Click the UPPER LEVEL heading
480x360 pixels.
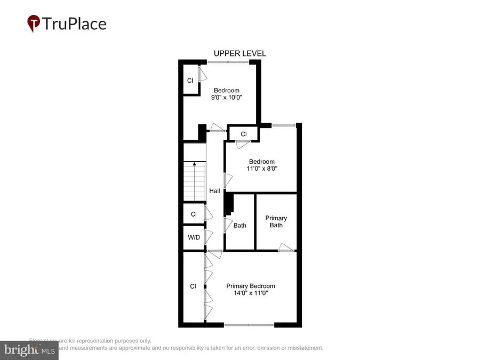point(239,53)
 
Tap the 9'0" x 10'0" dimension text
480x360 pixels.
point(226,98)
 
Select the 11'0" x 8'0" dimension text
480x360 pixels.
point(261,169)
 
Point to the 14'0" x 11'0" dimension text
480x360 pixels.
point(250,293)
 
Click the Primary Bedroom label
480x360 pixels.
point(250,286)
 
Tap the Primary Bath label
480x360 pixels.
point(276,221)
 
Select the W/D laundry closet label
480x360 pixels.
point(194,237)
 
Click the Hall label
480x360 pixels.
point(214,191)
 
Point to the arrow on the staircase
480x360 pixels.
point(195,165)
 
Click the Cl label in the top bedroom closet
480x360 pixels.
point(190,81)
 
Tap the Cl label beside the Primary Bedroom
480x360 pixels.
point(193,286)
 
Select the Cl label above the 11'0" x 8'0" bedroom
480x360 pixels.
point(243,134)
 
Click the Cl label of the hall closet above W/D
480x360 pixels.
point(194,214)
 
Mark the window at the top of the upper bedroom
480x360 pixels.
point(228,62)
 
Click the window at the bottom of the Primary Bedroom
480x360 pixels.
point(249,325)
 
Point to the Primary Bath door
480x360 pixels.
point(287,246)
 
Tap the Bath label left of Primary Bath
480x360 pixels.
point(239,226)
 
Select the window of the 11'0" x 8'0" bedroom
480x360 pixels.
point(283,125)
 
